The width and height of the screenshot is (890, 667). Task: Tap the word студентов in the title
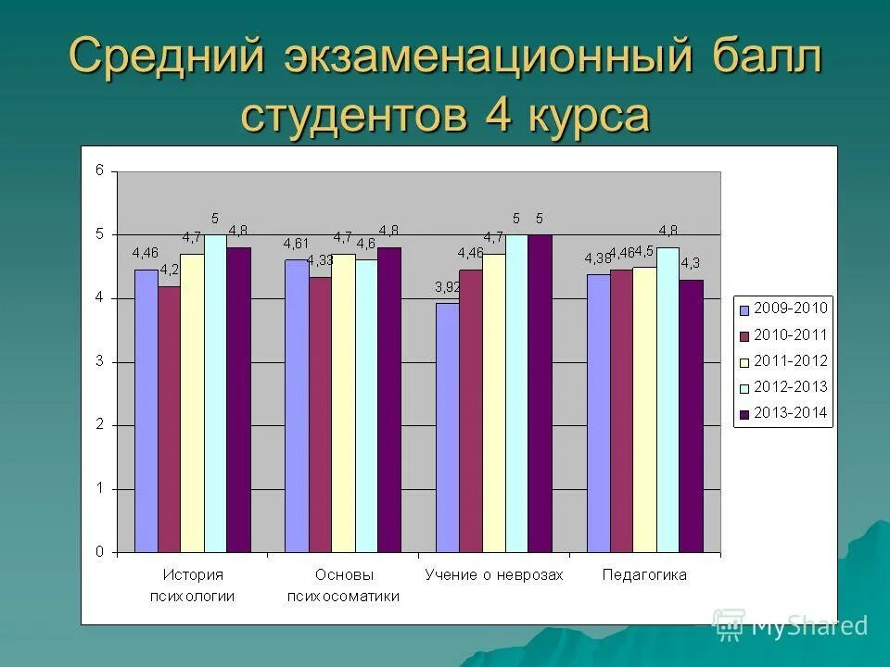click(351, 116)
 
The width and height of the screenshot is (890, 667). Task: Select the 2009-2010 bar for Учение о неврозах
click(447, 427)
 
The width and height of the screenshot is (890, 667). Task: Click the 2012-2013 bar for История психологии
click(215, 393)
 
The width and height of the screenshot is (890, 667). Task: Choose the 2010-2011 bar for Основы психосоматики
click(320, 414)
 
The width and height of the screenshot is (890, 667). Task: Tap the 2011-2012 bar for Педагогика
click(644, 409)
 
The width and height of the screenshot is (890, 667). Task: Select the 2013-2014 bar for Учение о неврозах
click(540, 393)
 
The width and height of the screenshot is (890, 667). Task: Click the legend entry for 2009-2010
click(782, 308)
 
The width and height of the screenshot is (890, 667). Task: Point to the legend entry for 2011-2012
click(782, 360)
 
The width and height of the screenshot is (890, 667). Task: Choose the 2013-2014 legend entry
click(782, 413)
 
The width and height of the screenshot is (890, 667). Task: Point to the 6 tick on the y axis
click(100, 170)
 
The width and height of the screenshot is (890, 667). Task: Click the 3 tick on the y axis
click(100, 361)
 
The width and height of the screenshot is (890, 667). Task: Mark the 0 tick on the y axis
click(100, 552)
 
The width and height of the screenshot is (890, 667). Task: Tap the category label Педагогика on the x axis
click(644, 574)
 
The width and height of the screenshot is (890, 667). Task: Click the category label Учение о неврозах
click(493, 574)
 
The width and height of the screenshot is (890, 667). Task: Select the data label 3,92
click(448, 287)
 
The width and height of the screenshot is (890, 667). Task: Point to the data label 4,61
click(297, 244)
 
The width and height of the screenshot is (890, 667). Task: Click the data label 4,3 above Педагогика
click(691, 263)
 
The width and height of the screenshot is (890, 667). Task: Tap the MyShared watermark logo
click(791, 626)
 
